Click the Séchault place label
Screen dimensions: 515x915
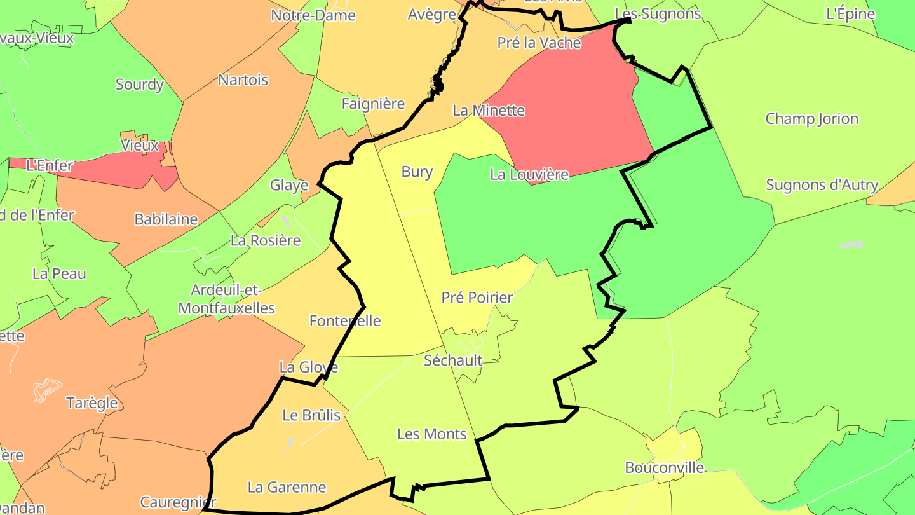[453, 360]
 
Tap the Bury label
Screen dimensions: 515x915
[417, 172]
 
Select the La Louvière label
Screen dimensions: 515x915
[529, 174]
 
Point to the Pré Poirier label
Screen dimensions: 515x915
[477, 297]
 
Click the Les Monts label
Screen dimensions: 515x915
[432, 434]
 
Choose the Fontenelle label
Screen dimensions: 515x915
[345, 320]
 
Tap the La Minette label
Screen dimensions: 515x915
[489, 111]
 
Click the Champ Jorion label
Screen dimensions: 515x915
[811, 119]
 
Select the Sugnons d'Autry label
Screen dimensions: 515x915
[822, 185]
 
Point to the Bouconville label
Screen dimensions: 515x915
[665, 468]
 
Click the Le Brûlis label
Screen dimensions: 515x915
[311, 416]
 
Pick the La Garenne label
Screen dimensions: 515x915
[287, 488]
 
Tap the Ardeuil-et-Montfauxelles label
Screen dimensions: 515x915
[227, 299]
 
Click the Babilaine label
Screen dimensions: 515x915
[166, 219]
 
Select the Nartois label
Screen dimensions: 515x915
[243, 80]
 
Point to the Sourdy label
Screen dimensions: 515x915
[140, 84]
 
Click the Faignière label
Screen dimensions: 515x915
[373, 104]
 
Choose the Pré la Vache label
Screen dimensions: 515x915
[539, 43]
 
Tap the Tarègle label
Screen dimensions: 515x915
[92, 403]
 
